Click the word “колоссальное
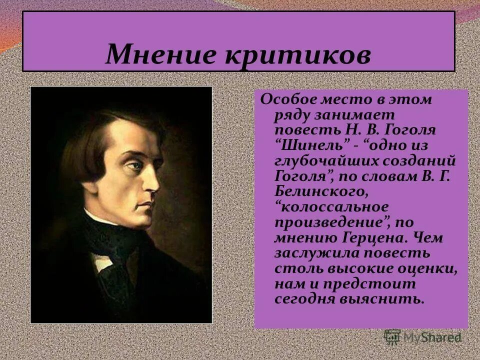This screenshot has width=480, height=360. [x=328, y=206]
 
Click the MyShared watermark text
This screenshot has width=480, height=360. [x=435, y=338]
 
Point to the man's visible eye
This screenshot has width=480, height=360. [x=134, y=165]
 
